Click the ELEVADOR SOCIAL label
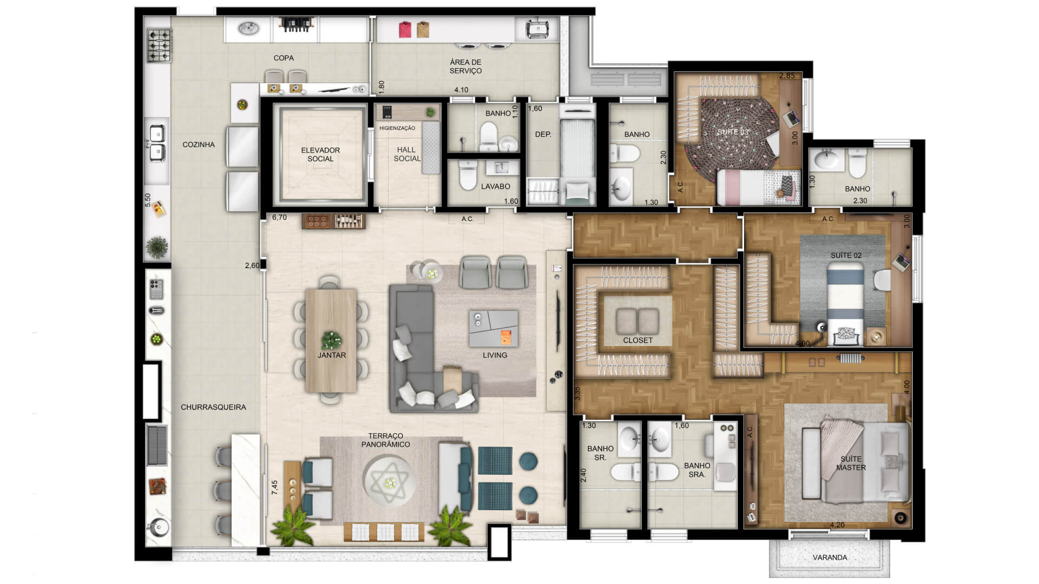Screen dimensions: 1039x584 click(x=320, y=155)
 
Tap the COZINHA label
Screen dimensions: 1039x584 click(x=199, y=144)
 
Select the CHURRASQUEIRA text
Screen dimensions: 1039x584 click(x=213, y=407)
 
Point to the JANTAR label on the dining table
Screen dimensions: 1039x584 click(x=332, y=355)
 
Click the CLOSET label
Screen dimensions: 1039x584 click(x=638, y=340)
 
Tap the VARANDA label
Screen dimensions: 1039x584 click(x=830, y=558)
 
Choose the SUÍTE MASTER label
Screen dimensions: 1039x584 click(x=851, y=463)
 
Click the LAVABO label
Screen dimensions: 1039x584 click(x=496, y=187)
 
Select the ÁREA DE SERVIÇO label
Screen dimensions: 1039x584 click(x=465, y=67)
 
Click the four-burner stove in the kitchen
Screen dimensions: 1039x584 click(x=160, y=46)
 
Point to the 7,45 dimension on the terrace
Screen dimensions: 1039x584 click(x=275, y=487)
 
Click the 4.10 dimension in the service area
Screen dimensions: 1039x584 click(x=461, y=90)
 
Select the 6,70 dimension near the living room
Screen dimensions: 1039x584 click(x=279, y=217)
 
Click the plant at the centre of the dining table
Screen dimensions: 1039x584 click(x=331, y=340)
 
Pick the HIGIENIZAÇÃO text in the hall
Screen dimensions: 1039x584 click(x=397, y=128)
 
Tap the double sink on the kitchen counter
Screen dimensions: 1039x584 click(x=157, y=143)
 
